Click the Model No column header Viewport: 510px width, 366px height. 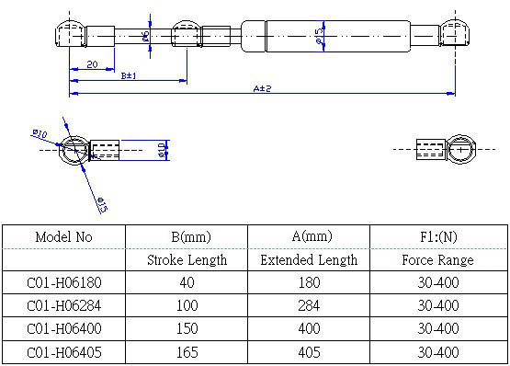[63, 237]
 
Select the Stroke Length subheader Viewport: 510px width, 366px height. [187, 260]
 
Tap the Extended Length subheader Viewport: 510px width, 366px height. [309, 260]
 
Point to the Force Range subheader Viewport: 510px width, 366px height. [437, 260]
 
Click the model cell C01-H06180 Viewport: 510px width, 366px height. [64, 282]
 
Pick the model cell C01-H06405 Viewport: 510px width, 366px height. [64, 352]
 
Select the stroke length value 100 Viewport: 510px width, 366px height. [187, 305]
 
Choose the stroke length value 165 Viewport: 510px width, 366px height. [187, 352]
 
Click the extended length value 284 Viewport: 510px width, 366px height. [309, 305]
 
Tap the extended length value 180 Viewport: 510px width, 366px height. [309, 282]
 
